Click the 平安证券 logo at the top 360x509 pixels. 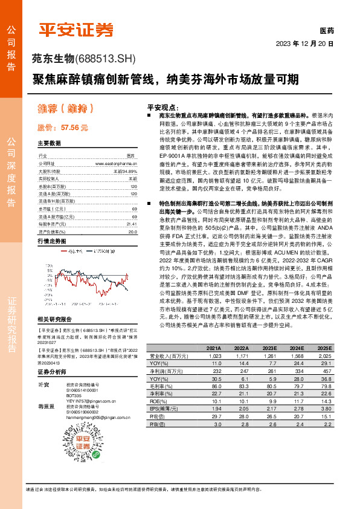pos(77,28)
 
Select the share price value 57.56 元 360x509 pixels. pos(72,128)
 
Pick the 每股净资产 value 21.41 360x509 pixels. pos(133,223)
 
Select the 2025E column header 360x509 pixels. pos(324,349)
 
